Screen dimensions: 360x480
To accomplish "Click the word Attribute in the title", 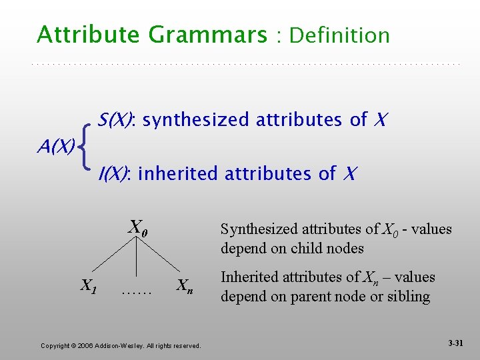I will (79, 35).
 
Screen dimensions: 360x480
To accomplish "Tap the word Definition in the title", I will (340, 35).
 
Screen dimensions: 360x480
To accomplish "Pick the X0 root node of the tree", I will (138, 227).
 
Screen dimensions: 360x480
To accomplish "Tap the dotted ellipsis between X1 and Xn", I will (137, 291).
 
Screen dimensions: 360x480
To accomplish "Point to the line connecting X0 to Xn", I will (163, 256).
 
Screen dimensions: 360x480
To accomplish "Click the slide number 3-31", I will (456, 343).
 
